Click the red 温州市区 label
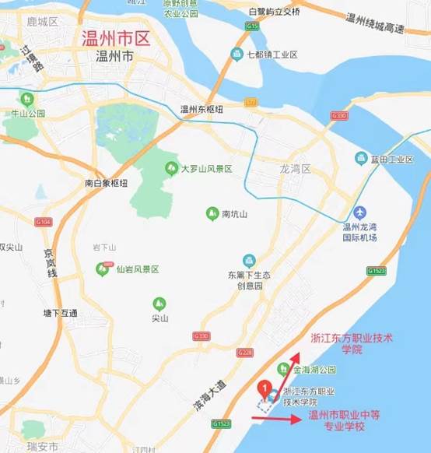116,37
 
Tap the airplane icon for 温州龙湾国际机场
359,212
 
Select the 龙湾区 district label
295,169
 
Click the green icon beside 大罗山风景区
171,168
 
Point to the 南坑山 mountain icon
212,213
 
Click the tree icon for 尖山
159,303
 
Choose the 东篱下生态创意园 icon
249,260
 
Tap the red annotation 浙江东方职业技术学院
352,344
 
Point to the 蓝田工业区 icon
361,159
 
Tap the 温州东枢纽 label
201,109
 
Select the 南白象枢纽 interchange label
106,183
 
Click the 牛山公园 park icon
27,99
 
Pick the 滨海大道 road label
209,396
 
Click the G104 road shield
44,222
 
